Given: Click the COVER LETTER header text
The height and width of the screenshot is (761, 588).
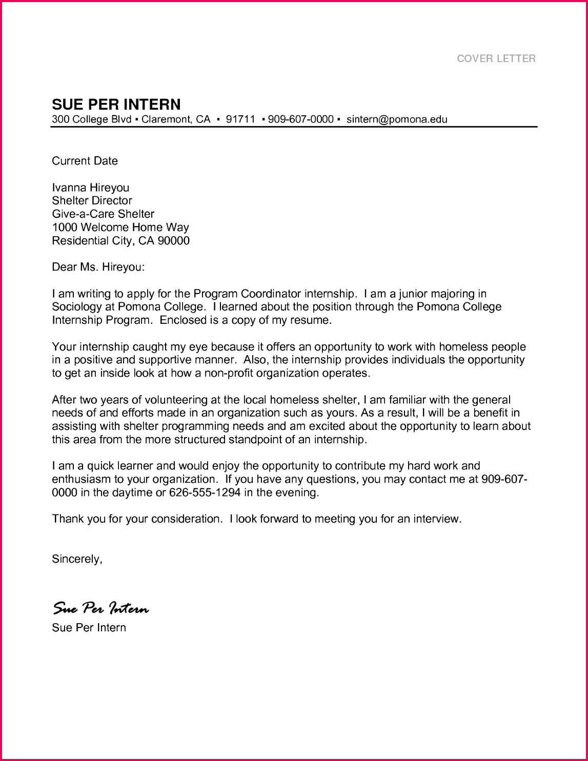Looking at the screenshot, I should tap(496, 58).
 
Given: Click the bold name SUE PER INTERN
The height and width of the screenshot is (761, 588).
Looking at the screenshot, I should tap(116, 105).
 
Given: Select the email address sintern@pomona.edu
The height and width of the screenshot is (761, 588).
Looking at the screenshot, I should tap(397, 119).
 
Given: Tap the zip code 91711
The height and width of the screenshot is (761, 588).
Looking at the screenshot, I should tap(240, 119).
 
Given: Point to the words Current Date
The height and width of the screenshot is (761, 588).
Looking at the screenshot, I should tap(85, 161).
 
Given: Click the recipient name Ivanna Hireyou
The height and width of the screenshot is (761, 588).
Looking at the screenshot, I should tap(91, 188).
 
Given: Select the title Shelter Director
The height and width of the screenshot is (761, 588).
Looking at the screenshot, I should tap(92, 201).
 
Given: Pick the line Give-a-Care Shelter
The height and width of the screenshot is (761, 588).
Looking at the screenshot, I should tap(103, 214).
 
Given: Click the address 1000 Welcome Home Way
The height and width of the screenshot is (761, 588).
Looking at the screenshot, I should tap(120, 228).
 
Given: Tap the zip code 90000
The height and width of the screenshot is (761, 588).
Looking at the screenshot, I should tap(173, 241).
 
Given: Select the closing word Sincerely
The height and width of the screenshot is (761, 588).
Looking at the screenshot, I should tap(76, 559).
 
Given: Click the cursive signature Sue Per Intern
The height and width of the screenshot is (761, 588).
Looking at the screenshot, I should tap(101, 608).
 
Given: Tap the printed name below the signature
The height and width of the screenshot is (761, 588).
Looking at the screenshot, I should tap(89, 628).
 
